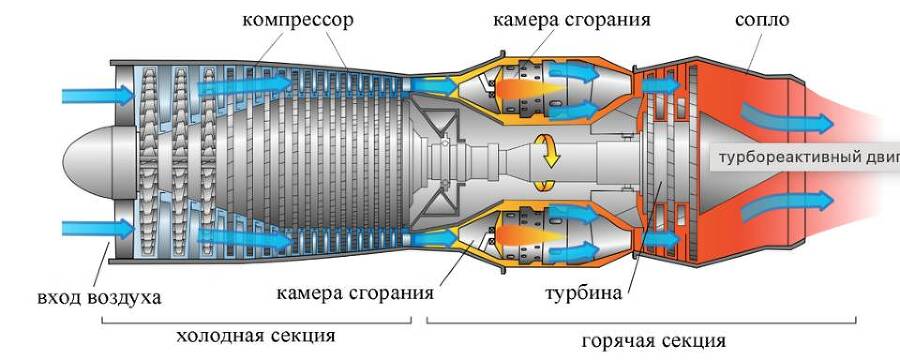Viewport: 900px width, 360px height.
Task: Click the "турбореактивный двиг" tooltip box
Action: click(806, 157)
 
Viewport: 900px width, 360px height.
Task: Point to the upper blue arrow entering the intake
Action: click(96, 96)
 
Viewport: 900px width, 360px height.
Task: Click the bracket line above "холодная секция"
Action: click(257, 322)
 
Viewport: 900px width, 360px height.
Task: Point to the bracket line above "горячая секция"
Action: click(641, 322)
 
